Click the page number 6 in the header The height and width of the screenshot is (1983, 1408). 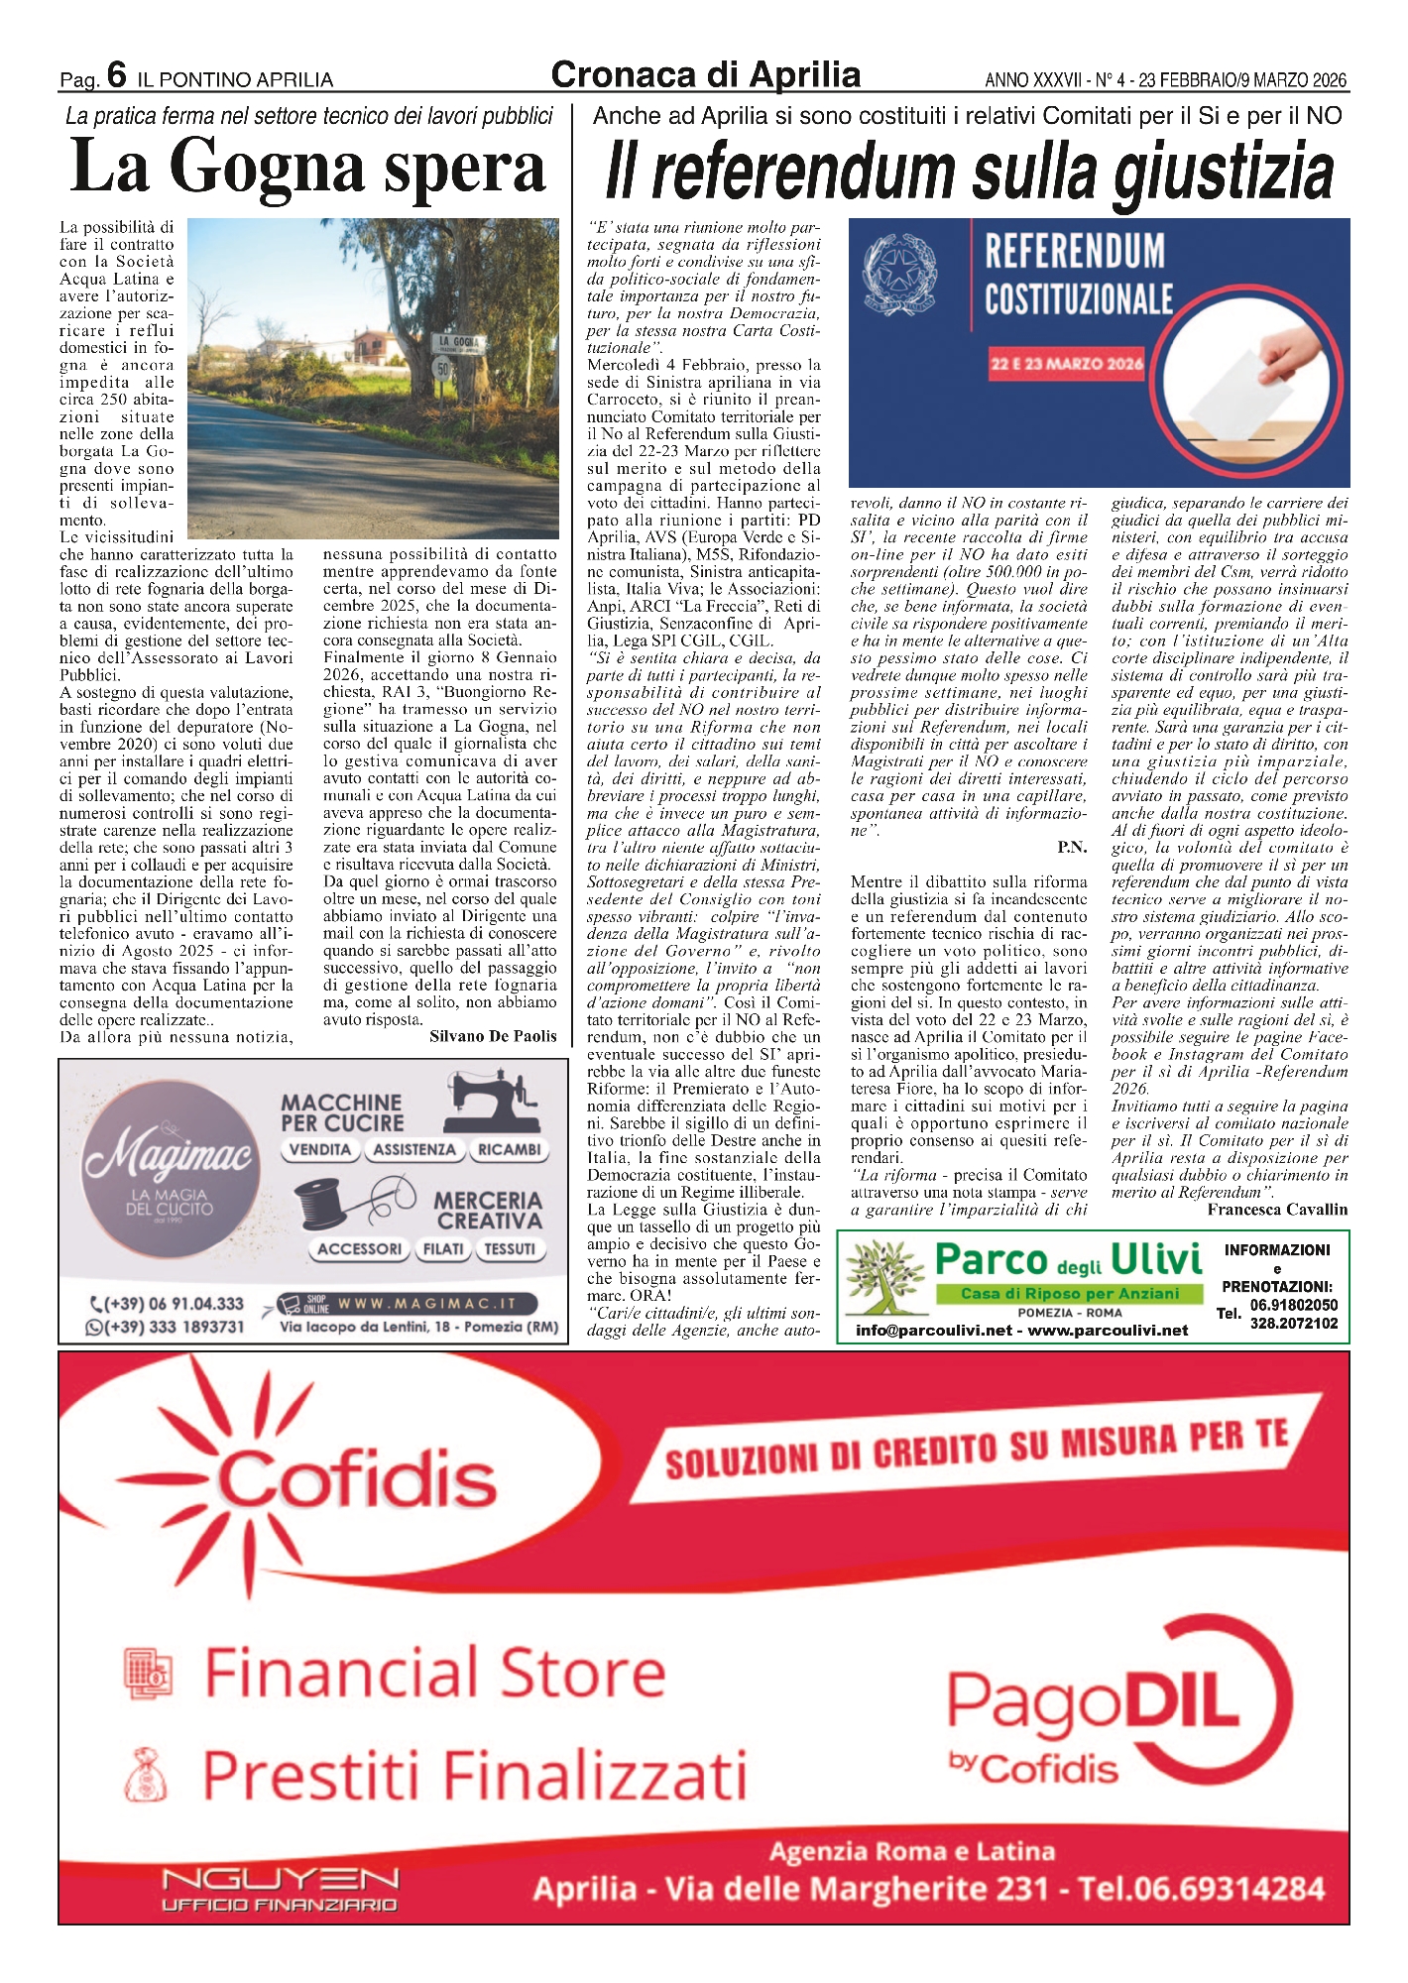116,74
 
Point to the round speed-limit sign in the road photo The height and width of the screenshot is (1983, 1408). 443,369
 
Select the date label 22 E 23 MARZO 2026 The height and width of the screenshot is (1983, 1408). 1067,364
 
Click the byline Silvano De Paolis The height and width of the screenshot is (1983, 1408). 493,1036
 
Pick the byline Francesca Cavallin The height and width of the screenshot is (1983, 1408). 1277,1210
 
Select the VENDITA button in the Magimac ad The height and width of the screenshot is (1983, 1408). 320,1150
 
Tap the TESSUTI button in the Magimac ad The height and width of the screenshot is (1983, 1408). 509,1249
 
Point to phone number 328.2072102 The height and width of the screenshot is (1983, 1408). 1293,1324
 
